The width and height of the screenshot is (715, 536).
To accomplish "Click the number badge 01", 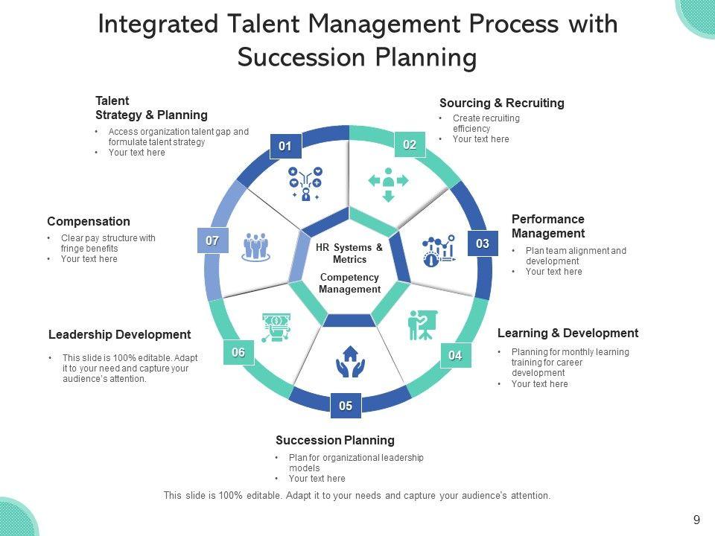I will [285, 147].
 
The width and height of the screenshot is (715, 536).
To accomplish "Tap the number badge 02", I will [410, 145].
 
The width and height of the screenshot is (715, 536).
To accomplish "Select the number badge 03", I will [483, 243].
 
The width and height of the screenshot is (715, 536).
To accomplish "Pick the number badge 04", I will [455, 356].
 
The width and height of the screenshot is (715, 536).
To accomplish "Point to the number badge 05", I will [346, 406].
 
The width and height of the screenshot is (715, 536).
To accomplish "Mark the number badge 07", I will [212, 240].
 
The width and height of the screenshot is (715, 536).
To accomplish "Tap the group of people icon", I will [255, 246].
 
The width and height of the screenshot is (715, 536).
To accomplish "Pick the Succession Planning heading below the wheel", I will [335, 440].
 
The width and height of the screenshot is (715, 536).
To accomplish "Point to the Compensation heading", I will [89, 221].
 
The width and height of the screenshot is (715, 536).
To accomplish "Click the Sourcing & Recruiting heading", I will [502, 103].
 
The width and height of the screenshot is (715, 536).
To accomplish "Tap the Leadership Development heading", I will [120, 334].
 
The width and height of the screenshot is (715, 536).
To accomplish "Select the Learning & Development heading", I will [568, 333].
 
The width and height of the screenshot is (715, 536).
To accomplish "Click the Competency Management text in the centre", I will [349, 283].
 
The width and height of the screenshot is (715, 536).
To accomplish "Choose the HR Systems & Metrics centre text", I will [349, 254].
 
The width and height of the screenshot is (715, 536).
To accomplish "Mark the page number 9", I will [696, 520].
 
